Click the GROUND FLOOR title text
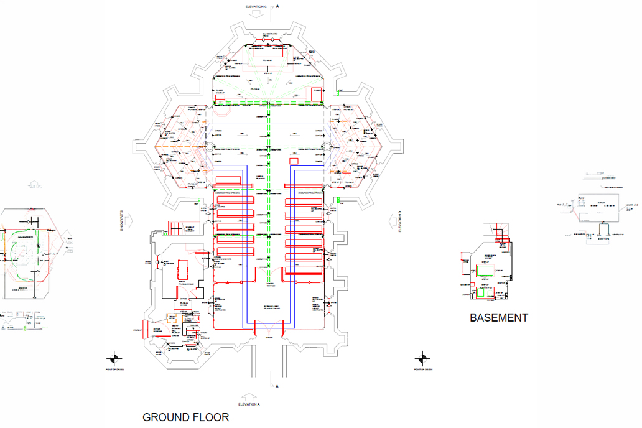coord(185,417)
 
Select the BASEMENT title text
coord(498,318)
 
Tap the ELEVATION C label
coord(256,6)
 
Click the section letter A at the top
coord(277,6)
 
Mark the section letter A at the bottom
coord(277,387)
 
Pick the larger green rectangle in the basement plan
coord(485,270)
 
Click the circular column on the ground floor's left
coord(209,148)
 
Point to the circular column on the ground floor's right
coord(328,148)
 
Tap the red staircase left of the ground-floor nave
coord(175,228)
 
